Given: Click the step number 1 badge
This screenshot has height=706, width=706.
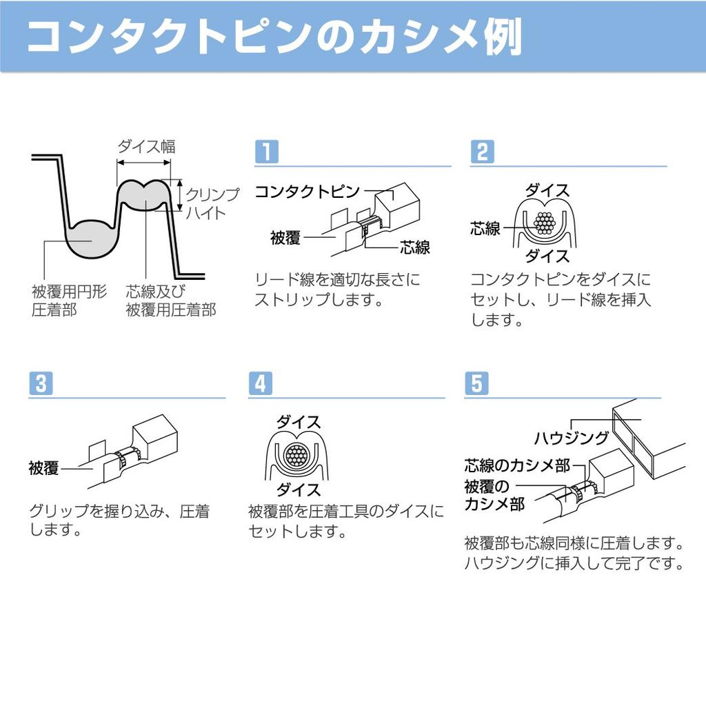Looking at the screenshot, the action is pyautogui.click(x=267, y=151).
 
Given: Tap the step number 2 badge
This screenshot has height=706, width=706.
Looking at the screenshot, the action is pyautogui.click(x=482, y=151).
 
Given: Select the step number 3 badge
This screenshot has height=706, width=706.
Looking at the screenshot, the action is pyautogui.click(x=41, y=383).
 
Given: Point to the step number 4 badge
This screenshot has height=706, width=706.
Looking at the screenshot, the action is pyautogui.click(x=260, y=383).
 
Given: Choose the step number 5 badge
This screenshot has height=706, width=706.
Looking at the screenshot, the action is pyautogui.click(x=476, y=383).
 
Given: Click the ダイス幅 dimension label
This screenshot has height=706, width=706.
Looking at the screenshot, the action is pyautogui.click(x=146, y=146).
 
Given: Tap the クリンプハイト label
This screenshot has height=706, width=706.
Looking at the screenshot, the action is pyautogui.click(x=212, y=203).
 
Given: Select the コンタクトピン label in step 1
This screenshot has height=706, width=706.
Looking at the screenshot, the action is pyautogui.click(x=307, y=192).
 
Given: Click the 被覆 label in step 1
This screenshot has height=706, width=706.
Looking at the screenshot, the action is pyautogui.click(x=285, y=238).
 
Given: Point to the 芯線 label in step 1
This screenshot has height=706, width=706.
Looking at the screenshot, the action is pyautogui.click(x=414, y=248).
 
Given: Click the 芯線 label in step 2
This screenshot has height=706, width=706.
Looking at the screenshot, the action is pyautogui.click(x=485, y=229).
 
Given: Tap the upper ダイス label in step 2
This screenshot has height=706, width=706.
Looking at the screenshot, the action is pyautogui.click(x=547, y=190).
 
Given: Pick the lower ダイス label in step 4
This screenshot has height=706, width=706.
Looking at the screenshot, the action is pyautogui.click(x=298, y=490).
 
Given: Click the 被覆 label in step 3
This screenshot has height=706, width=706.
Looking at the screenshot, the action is pyautogui.click(x=43, y=468).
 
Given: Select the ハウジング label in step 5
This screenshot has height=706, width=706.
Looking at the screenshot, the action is pyautogui.click(x=572, y=438).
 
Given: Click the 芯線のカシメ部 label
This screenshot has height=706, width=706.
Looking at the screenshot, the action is pyautogui.click(x=517, y=465).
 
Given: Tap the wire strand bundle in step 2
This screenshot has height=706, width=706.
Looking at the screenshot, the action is pyautogui.click(x=545, y=223).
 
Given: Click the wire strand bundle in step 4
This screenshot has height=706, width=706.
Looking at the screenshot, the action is pyautogui.click(x=296, y=456).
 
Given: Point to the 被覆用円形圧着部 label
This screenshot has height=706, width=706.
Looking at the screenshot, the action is pyautogui.click(x=69, y=301).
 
